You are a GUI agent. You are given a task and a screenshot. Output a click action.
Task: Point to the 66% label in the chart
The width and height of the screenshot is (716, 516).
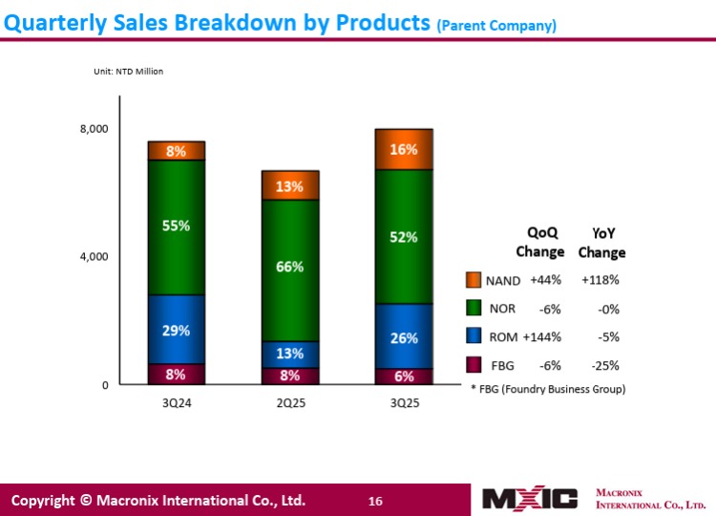290,267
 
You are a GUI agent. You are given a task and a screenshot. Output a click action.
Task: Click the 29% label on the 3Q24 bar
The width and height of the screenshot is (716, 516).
177,331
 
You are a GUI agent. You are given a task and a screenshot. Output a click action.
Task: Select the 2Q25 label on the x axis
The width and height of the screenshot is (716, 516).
290,403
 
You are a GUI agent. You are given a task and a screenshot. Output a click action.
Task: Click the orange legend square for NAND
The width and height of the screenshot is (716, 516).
474,280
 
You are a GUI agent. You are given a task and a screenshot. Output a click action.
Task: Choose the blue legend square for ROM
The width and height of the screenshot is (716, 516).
474,336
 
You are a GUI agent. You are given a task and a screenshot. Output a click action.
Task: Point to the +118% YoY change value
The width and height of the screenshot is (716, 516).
600,280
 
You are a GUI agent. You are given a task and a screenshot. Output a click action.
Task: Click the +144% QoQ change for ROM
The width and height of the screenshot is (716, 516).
541,336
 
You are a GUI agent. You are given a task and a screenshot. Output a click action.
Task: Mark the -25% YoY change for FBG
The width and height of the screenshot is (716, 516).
605,365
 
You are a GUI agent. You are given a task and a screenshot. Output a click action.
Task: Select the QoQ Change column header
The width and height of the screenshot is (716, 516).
540,242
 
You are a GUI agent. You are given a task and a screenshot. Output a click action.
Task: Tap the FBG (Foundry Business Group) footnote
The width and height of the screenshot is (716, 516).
549,390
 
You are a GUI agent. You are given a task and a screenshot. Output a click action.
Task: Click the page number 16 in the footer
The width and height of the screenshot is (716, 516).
375,501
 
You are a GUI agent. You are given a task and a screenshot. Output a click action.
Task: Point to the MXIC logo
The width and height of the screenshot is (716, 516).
530,499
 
